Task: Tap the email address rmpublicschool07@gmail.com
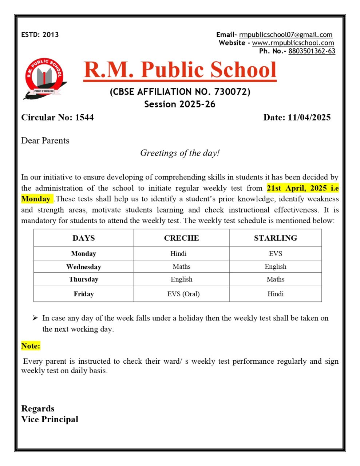point(285,35)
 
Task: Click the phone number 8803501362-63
point(312,51)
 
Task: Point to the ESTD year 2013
point(50,35)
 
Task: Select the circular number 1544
point(84,117)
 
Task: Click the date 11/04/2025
point(309,117)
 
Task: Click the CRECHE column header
point(181,238)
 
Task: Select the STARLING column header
point(275,238)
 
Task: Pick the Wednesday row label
point(83,267)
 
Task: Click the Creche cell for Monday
point(178,254)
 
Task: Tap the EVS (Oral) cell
point(183,294)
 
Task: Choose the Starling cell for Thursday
point(275,279)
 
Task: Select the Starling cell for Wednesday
point(275,266)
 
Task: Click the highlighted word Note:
point(31,346)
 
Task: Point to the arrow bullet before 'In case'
point(35,318)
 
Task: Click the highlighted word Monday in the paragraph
point(36,199)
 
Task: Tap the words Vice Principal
point(50,419)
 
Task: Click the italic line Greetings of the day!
point(180,153)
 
